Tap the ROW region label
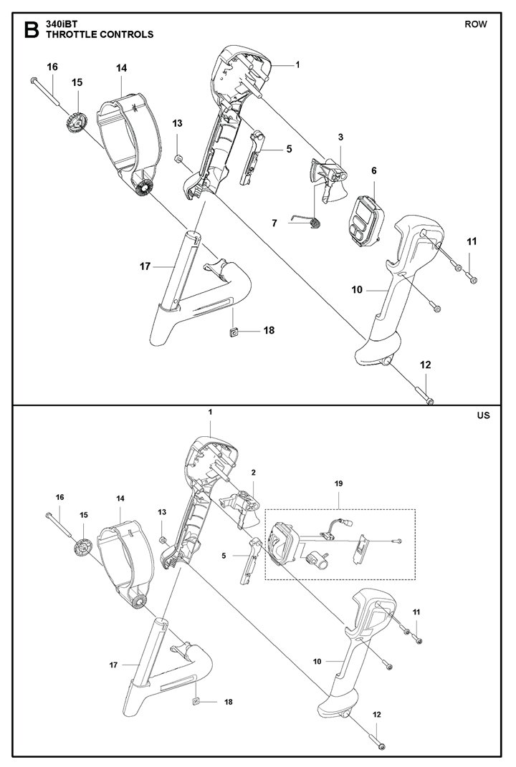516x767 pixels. coord(475,24)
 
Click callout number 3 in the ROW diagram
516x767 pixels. coord(340,136)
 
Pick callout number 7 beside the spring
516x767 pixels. coord(274,223)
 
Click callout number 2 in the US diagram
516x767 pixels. coord(253,473)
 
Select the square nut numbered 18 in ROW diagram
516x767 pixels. coord(232,332)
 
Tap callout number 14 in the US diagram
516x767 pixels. coord(120,498)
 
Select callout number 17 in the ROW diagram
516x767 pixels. coord(145,266)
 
